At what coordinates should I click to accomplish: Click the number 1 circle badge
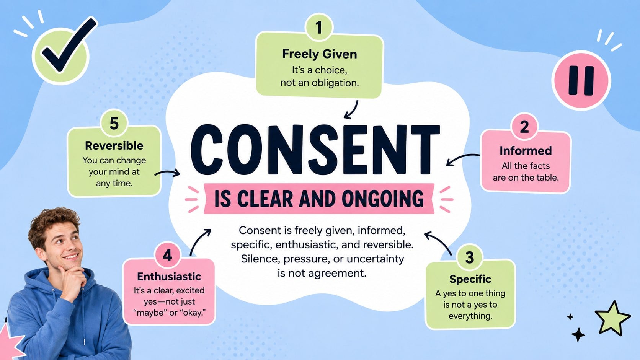[x=319, y=28]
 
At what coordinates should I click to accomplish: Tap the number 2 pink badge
[x=524, y=127]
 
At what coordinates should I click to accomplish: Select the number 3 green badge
[x=469, y=257]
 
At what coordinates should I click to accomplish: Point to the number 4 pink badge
[x=167, y=255]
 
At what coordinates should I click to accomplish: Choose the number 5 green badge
[x=114, y=123]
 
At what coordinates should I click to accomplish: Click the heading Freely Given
[x=320, y=54]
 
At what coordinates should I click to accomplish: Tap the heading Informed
[x=526, y=151]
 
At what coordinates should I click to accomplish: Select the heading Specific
[x=470, y=279]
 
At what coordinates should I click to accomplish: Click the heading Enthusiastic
[x=169, y=276]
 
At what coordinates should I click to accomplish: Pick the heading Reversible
[x=114, y=146]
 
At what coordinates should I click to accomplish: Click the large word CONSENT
[x=315, y=149]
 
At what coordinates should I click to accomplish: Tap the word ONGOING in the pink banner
[x=382, y=199]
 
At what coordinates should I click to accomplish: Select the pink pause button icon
[x=581, y=80]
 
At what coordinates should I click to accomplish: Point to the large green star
[x=612, y=318]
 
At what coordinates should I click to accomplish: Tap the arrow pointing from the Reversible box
[x=167, y=173]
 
